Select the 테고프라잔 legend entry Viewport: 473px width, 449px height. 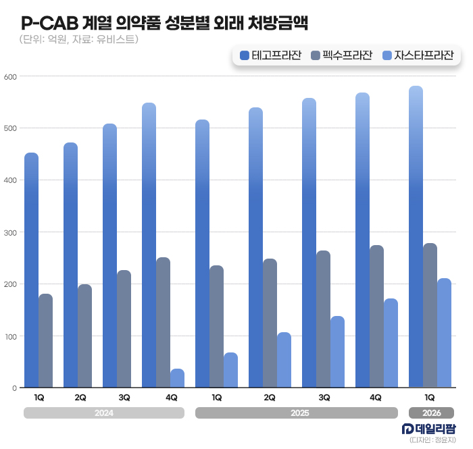(272, 55)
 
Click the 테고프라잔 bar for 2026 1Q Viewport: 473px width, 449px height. (416, 236)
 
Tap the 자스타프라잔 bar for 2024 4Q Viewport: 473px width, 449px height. (177, 378)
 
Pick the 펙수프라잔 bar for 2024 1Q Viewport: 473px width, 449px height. (45, 341)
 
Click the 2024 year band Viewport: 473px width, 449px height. (103, 413)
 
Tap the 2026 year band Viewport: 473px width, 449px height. (430, 413)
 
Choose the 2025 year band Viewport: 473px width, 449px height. (297, 413)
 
